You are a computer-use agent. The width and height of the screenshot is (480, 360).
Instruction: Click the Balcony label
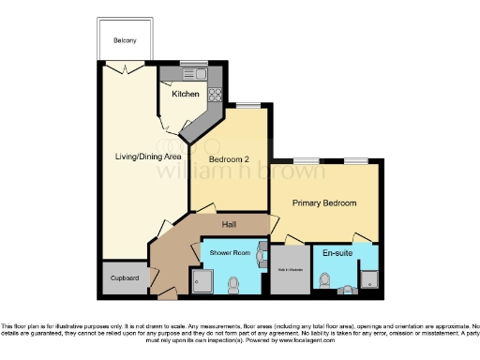[125, 40]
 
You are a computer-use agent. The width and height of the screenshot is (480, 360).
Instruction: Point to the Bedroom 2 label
[226, 159]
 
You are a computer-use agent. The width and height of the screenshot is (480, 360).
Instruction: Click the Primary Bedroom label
[324, 202]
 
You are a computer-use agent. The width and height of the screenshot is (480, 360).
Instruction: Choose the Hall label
[228, 225]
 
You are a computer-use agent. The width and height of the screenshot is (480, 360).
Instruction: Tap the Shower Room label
[228, 254]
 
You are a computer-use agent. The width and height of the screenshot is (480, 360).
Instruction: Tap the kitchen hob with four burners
[214, 93]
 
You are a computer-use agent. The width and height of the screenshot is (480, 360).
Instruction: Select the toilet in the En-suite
[325, 279]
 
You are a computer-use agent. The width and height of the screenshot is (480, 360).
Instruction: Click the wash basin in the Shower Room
[262, 256]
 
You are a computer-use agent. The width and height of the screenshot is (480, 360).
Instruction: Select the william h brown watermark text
[240, 173]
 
